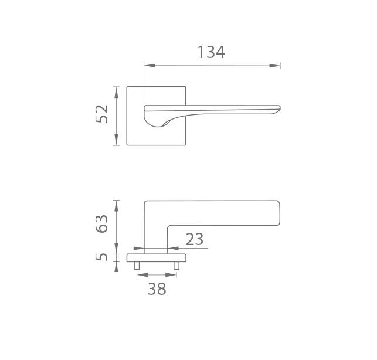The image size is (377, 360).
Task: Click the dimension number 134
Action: (x=211, y=52)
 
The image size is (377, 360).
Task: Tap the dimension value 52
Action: (x=102, y=114)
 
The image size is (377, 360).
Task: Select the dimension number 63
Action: (x=102, y=223)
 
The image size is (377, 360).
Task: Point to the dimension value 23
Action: (x=195, y=239)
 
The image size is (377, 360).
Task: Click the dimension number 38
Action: (x=157, y=289)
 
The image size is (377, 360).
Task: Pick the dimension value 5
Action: (x=102, y=257)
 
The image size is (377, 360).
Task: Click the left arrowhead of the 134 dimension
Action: (x=150, y=66)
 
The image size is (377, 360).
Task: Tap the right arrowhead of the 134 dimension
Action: (x=275, y=66)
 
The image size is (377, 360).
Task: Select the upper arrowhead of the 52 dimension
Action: (x=116, y=92)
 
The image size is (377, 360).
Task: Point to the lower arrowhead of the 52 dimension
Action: (x=116, y=140)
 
